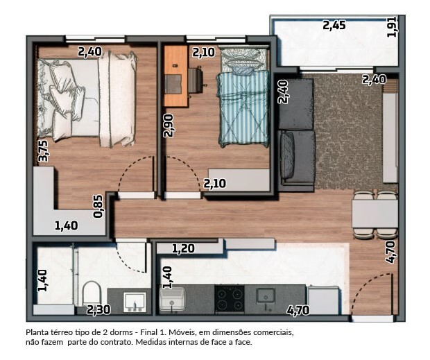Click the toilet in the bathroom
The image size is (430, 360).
pos(92,293)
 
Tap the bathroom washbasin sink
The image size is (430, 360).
pos(135,302)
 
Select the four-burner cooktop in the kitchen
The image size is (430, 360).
pos(230,298)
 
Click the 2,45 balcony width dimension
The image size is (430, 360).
pos(334,26)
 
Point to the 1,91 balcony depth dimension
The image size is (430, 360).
pos(391,26)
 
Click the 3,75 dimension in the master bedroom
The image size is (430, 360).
pos(43,151)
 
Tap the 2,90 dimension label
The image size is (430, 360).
pos(168,126)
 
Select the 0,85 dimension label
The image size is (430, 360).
pos(98,207)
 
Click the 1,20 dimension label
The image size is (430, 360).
pos(183,249)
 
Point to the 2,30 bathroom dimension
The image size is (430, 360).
pos(98,310)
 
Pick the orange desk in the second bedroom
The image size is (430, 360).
pos(175,76)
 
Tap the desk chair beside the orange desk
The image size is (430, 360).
pos(196,80)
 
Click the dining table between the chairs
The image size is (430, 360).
pos(375,214)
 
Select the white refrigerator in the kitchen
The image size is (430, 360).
pos(323,300)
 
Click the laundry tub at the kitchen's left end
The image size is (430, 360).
pos(172,299)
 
